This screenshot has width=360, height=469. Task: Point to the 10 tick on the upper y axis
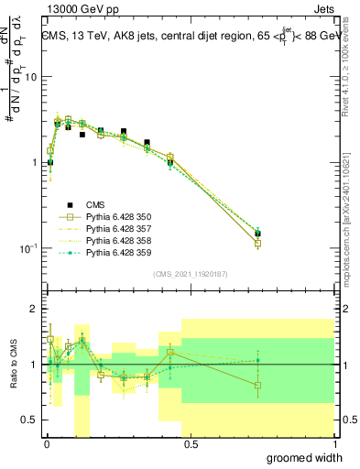(x=32, y=77)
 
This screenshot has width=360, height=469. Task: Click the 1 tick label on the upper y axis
(x=35, y=163)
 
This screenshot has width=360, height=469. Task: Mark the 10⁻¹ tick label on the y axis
(x=30, y=248)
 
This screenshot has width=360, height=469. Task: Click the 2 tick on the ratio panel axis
(x=35, y=310)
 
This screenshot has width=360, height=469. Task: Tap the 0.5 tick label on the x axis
(x=190, y=444)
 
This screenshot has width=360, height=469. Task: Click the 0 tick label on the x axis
(x=46, y=444)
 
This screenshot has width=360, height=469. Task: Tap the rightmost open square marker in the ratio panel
(x=257, y=386)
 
